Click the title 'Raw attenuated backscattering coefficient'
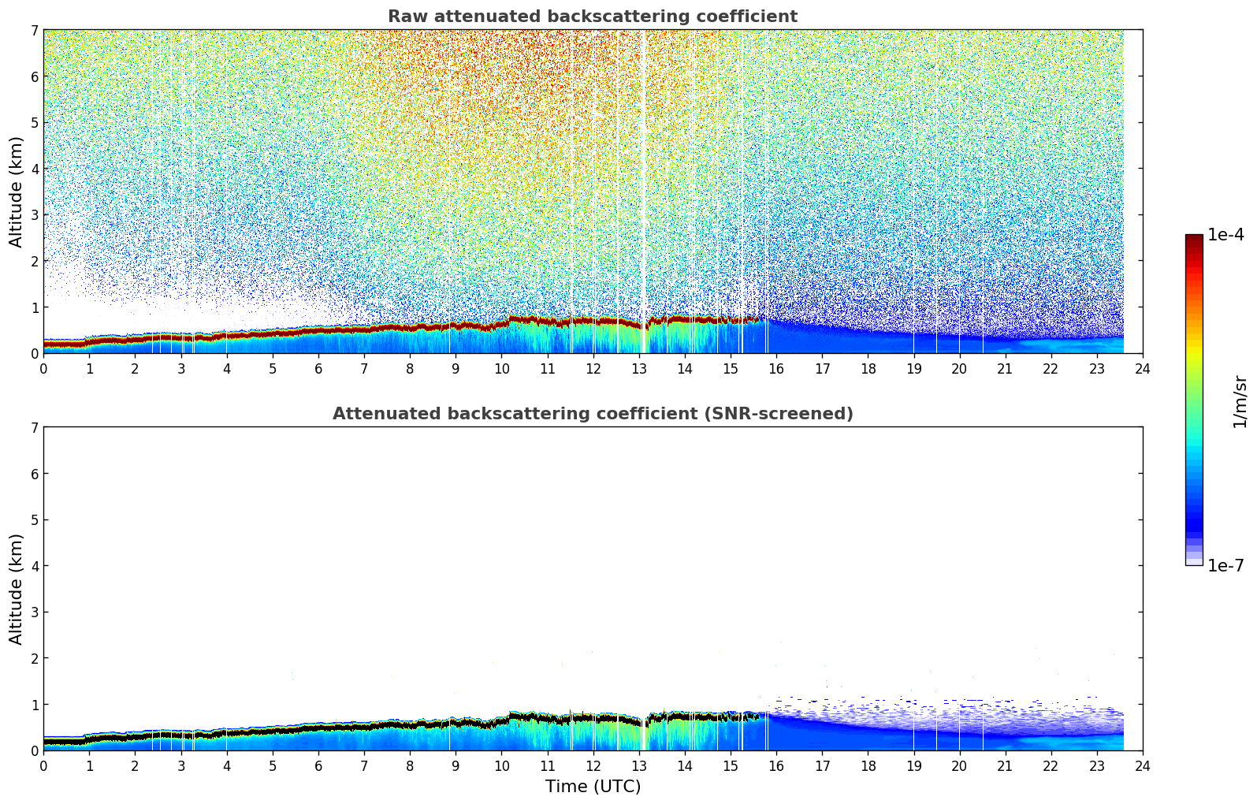pos(593,17)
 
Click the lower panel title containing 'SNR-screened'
pos(593,414)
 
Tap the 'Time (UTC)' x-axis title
pos(593,787)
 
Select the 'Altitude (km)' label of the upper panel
pos(17,192)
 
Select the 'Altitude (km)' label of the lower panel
pos(17,589)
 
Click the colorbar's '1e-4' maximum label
pos(1225,235)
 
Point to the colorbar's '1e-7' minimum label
pos(1225,566)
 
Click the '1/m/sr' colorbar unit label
pos(1240,401)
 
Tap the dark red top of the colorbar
pos(1194,239)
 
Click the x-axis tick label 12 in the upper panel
pos(593,369)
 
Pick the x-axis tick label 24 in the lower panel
pos(1143,766)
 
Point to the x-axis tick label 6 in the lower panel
pos(318,766)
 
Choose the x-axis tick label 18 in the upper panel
pos(868,369)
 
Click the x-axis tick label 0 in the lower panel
pos(43,766)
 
